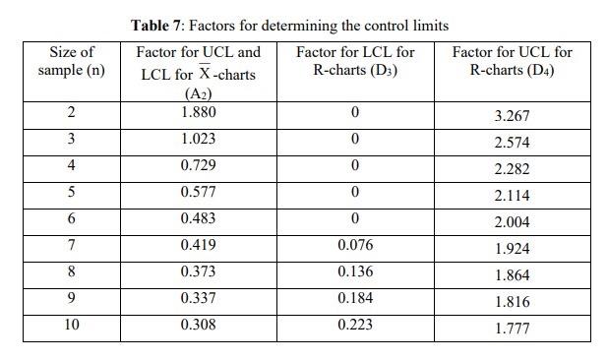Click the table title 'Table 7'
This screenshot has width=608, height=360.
(158, 25)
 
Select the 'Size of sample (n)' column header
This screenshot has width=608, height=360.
(72, 61)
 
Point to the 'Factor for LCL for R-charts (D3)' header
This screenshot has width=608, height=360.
(354, 61)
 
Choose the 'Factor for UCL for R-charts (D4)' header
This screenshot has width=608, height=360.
(512, 61)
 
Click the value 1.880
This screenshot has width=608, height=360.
(199, 112)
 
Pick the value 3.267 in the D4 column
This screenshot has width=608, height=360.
(512, 116)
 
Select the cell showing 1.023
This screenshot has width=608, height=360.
(199, 139)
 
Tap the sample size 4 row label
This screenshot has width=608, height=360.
(72, 165)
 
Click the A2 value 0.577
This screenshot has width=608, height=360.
(199, 192)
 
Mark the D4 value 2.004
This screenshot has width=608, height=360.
(512, 222)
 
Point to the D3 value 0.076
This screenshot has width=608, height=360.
(354, 245)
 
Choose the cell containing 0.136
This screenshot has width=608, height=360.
(354, 271)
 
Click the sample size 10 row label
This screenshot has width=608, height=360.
(72, 324)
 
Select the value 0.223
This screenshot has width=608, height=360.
(354, 324)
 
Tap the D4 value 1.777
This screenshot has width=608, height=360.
(512, 329)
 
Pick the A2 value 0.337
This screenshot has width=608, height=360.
(199, 297)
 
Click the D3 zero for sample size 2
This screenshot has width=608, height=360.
(354, 112)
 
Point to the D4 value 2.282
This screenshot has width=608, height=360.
(512, 169)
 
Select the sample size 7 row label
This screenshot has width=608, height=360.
(72, 245)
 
